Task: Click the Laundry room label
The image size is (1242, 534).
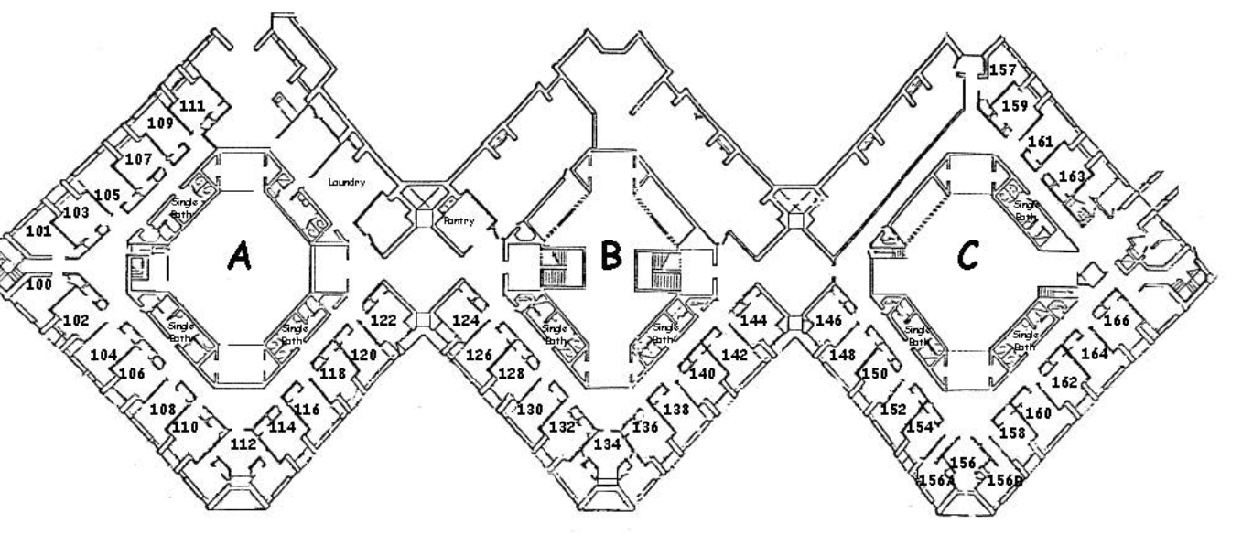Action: [347, 182]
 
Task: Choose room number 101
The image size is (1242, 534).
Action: [38, 230]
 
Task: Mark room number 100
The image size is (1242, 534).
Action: [38, 285]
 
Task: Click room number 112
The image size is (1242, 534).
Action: [243, 444]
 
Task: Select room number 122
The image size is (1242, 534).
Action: [384, 320]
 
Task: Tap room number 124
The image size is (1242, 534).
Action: [466, 320]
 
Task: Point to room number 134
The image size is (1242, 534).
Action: [606, 444]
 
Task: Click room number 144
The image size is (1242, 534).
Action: [754, 320]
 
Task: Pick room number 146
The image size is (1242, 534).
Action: [828, 320]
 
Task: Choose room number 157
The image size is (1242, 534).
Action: [1004, 69]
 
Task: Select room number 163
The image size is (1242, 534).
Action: [1072, 176]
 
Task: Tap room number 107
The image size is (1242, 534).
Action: [139, 158]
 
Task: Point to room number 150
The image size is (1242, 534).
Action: [875, 373]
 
